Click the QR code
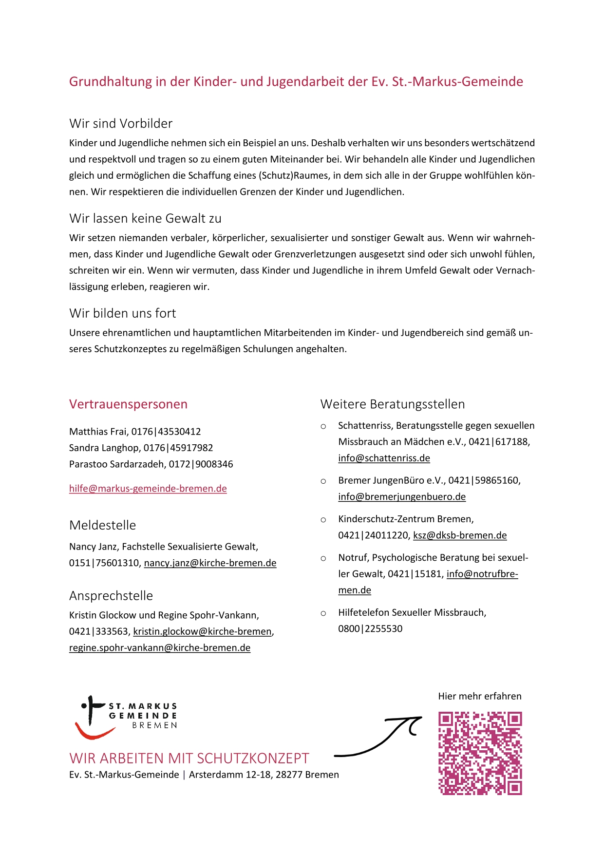click(480, 753)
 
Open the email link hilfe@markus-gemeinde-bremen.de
click(148, 489)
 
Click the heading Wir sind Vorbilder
click(121, 124)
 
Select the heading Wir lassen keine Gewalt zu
click(145, 219)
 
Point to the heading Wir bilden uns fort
click(122, 313)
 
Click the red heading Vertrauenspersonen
click(128, 404)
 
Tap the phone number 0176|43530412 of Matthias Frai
click(166, 432)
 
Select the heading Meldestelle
click(102, 525)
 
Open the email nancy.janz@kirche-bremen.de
click(210, 563)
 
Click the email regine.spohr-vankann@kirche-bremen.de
click(160, 648)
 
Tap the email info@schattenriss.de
click(384, 458)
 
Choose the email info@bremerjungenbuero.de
click(402, 497)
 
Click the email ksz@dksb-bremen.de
click(460, 535)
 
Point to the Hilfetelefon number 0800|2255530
click(370, 629)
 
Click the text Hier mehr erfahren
click(479, 696)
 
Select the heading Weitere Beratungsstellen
click(392, 404)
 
